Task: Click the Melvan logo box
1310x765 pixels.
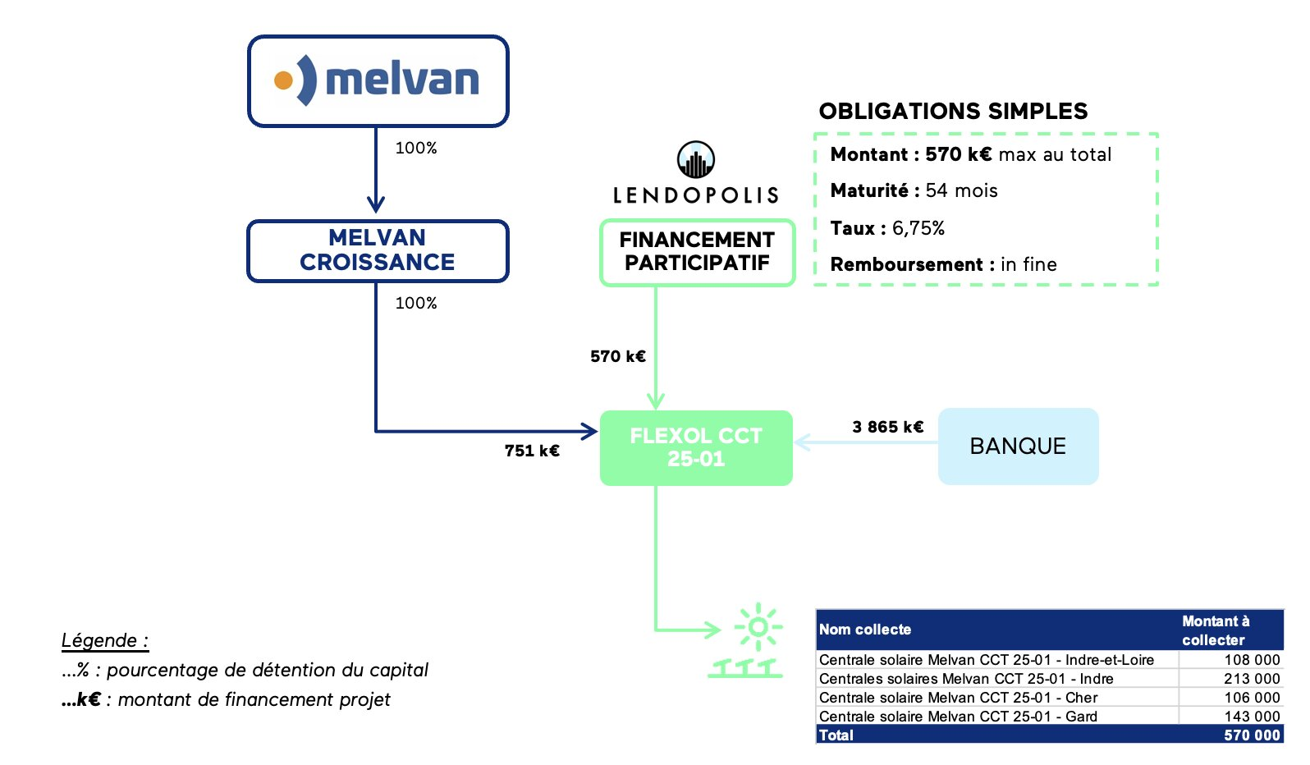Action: tap(378, 81)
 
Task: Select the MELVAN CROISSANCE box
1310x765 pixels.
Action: tap(378, 250)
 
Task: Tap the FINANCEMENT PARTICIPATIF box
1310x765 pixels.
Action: tap(697, 252)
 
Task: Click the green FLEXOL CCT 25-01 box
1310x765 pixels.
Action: tap(696, 447)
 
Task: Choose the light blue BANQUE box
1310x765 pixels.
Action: tap(1018, 446)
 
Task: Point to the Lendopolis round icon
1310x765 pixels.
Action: tap(695, 160)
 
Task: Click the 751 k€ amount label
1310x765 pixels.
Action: tap(532, 451)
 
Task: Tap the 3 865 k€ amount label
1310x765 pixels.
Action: tap(887, 427)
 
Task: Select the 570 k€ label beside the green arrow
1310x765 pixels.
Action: tap(618, 356)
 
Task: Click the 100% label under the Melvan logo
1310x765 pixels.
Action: tap(416, 148)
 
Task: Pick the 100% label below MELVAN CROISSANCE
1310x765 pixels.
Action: tap(416, 303)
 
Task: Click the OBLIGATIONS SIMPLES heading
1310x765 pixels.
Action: tap(953, 112)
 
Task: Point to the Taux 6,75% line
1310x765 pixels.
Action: tap(887, 228)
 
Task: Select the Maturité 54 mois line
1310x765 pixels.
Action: tap(914, 190)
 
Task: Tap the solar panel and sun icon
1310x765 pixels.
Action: tap(749, 642)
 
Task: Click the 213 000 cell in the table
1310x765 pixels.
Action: tap(1251, 679)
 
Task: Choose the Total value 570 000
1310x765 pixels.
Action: tap(1251, 735)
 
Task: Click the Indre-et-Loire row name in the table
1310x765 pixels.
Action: tap(986, 660)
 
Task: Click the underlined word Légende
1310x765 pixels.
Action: tap(104, 640)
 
